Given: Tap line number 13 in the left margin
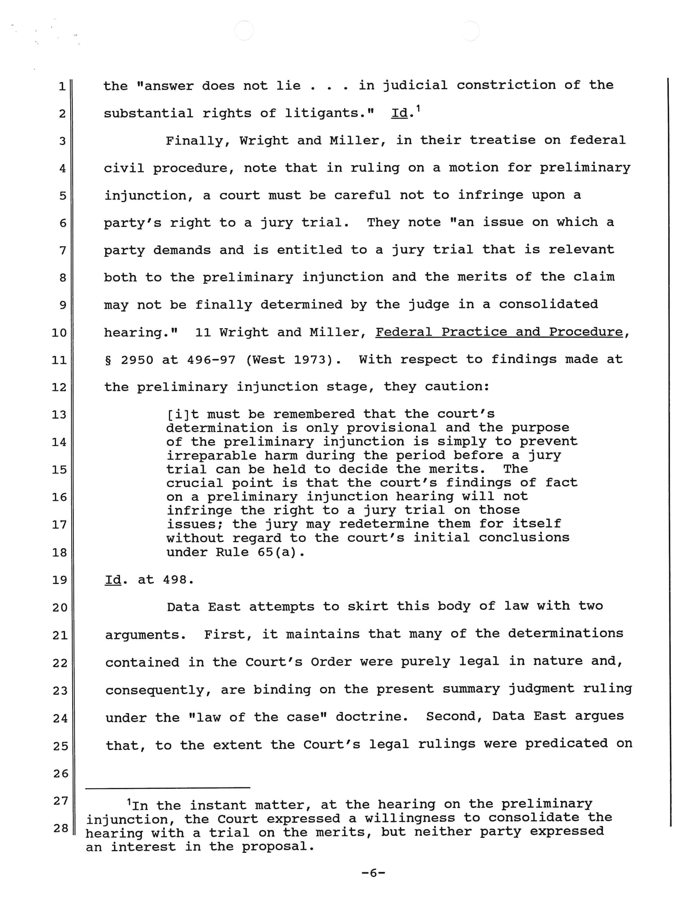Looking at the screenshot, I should (59, 414).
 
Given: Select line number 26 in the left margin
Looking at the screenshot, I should (60, 773).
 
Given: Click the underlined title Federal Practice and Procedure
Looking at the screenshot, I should (499, 332).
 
